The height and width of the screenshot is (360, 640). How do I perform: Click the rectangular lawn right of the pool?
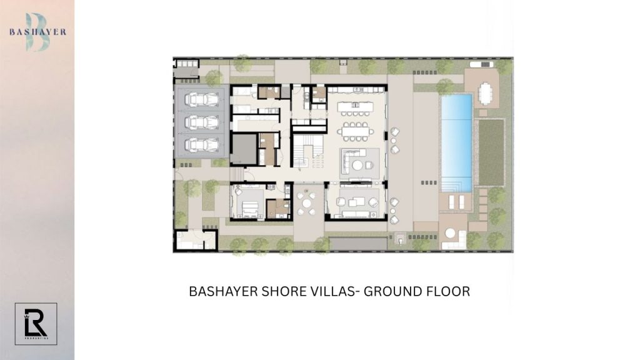coord(490,152)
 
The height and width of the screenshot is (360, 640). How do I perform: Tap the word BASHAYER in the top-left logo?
coord(37,32)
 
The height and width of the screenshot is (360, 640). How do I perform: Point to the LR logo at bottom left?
coord(36,323)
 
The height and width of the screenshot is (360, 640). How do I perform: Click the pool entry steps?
coord(456,185)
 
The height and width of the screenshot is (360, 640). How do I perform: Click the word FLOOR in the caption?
coord(446,291)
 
